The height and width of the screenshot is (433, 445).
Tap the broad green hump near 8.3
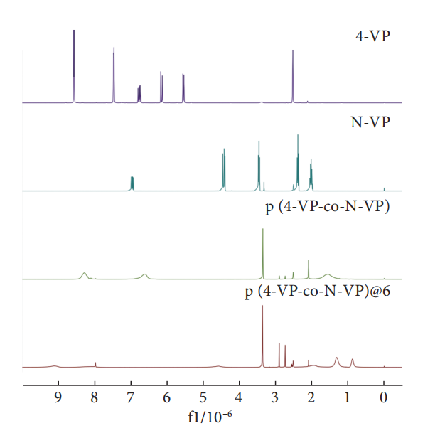click(x=85, y=274)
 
